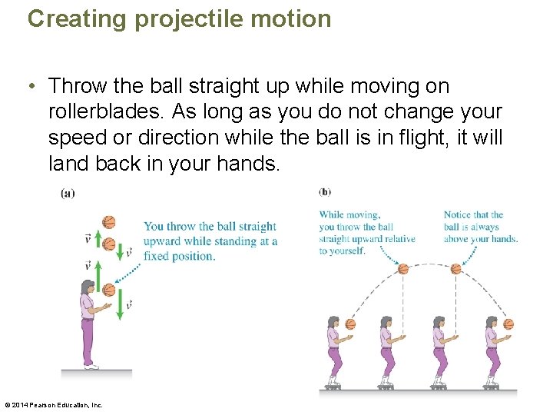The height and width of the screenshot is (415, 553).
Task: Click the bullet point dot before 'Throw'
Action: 35,86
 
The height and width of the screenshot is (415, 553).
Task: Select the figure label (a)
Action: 68,194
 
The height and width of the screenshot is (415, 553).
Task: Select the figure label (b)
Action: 325,191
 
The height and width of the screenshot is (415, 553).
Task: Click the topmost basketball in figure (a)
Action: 108,222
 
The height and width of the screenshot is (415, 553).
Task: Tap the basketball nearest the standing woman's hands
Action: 109,290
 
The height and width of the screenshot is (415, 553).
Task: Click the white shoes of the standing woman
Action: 91,366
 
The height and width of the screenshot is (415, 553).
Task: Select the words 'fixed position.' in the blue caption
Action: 179,256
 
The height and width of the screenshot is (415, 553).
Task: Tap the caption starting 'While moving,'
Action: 366,233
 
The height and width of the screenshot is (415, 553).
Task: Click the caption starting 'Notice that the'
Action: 480,227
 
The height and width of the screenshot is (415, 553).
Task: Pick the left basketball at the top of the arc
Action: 403,269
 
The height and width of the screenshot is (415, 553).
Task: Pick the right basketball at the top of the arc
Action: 455,269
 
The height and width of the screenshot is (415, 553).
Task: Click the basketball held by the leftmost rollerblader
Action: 351,324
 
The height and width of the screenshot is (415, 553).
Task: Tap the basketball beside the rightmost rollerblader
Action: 508,324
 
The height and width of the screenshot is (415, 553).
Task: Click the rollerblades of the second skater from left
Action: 386,381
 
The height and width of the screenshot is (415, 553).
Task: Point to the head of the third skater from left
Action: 439,322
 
